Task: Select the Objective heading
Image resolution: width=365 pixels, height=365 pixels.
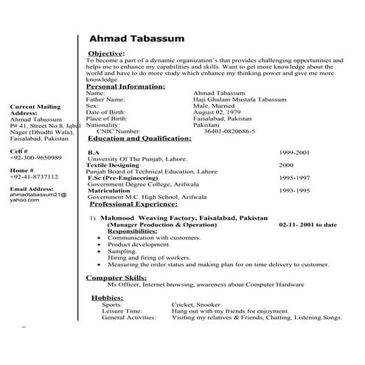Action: tap(106, 54)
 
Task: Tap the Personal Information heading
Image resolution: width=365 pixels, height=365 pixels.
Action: tap(125, 87)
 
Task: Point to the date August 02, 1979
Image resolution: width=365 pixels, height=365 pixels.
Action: tap(217, 112)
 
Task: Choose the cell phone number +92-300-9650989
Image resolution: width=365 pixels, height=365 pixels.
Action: tap(36, 158)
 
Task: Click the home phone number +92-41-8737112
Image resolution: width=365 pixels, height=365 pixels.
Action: tap(34, 178)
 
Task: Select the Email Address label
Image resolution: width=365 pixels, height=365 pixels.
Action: tap(33, 190)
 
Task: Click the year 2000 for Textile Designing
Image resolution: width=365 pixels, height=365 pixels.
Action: tap(286, 164)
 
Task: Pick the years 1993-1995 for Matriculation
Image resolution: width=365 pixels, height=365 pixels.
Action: tap(294, 190)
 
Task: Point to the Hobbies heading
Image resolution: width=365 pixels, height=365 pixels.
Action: tap(106, 297)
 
